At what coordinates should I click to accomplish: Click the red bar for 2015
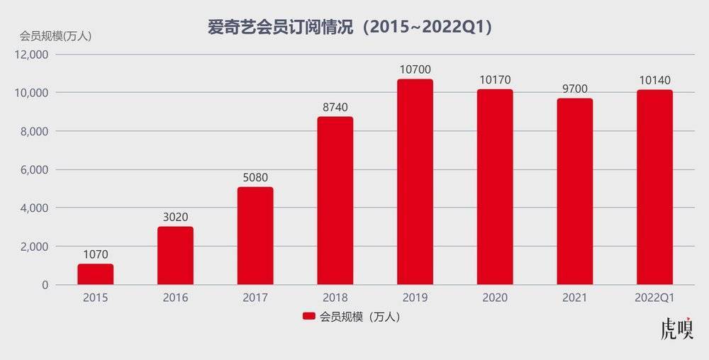(95, 274)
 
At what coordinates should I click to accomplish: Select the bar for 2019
(415, 182)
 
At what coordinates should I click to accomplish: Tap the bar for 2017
(255, 236)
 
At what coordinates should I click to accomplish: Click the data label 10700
(415, 69)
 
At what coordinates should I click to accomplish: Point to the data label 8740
(335, 107)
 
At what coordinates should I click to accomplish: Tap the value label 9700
(574, 89)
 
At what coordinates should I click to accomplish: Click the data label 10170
(495, 79)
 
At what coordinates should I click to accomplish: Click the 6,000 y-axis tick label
(33, 170)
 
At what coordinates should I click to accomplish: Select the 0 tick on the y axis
(44, 285)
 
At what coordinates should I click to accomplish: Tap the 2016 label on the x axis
(175, 298)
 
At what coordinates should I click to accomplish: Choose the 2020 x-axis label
(495, 298)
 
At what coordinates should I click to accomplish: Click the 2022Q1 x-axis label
(654, 298)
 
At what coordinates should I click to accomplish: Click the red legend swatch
(308, 317)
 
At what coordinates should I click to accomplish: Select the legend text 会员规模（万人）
(360, 317)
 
